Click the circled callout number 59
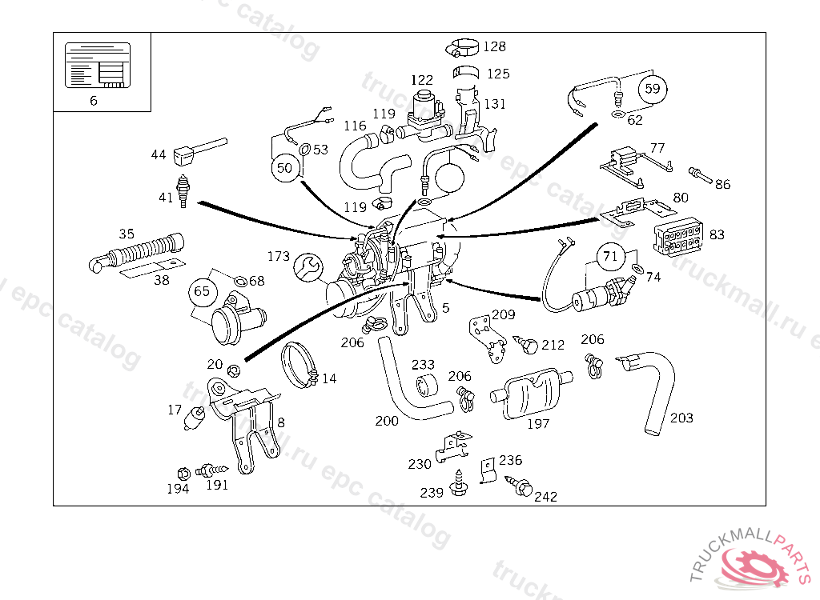653,89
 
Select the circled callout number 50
285,167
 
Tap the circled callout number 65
202,291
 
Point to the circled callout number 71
611,257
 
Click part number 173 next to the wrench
279,257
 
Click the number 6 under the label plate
94,101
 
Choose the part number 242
545,496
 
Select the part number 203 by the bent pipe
681,418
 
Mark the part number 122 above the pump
422,80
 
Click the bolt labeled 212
528,344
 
